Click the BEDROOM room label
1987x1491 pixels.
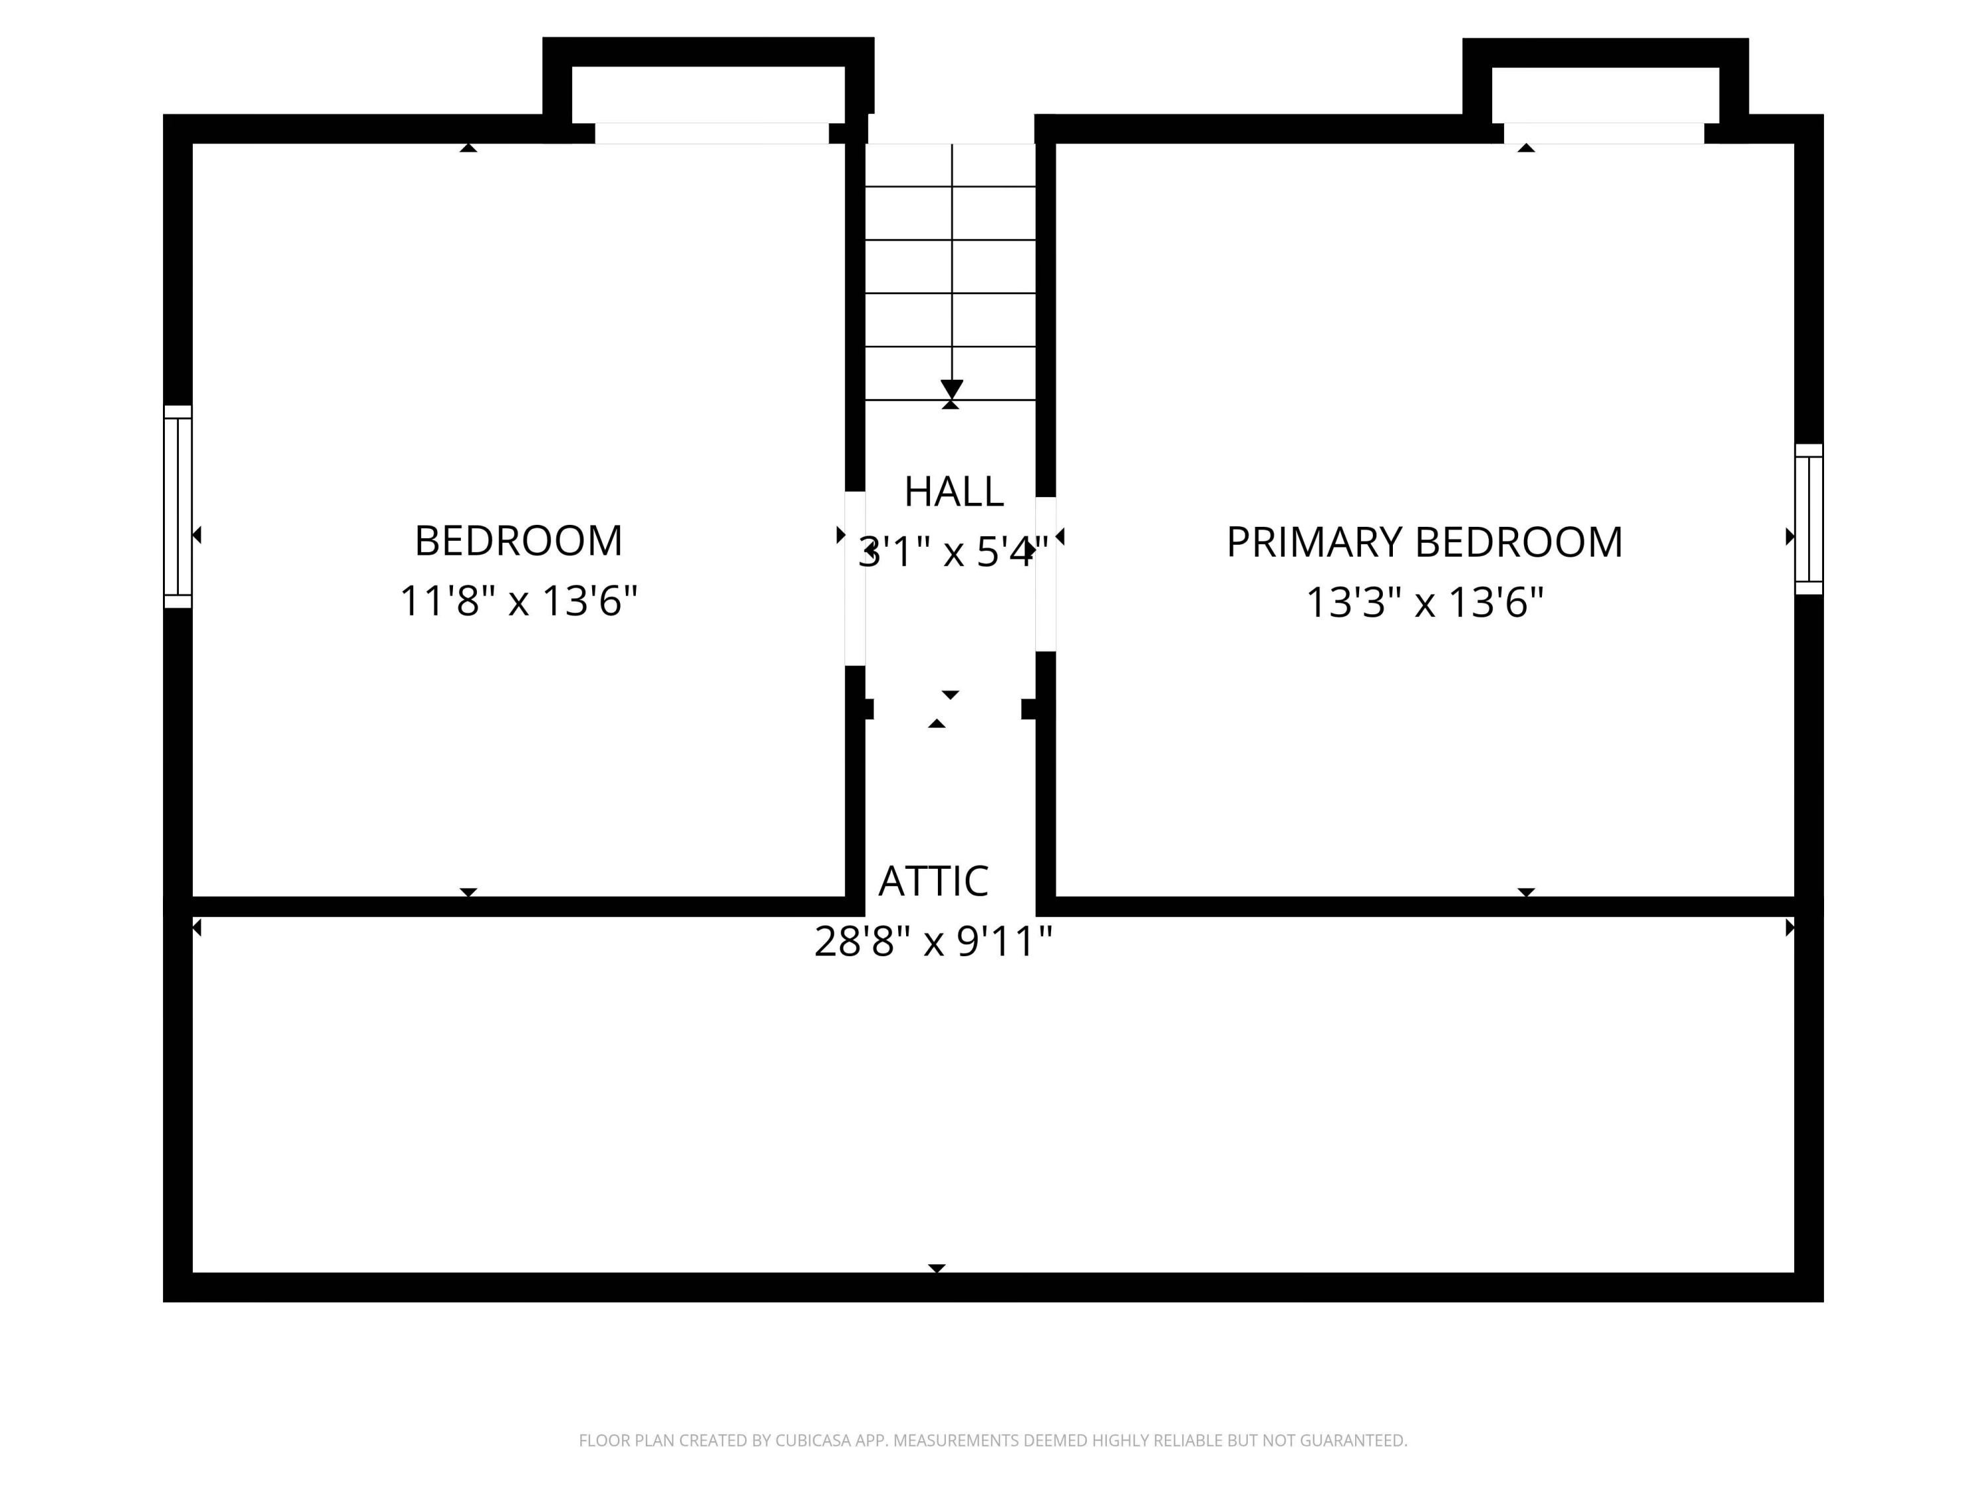[519, 541]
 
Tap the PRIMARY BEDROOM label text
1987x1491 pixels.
[1424, 543]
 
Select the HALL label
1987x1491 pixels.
[953, 492]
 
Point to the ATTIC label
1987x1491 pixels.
[933, 881]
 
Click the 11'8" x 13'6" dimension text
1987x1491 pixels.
[519, 600]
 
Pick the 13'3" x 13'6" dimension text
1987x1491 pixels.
[1424, 602]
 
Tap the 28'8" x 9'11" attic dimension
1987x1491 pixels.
[933, 942]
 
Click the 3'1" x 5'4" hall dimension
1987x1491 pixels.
[953, 552]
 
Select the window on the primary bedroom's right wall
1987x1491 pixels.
[1808, 520]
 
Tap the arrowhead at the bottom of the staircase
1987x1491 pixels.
[951, 389]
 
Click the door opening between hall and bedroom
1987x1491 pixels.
[855, 579]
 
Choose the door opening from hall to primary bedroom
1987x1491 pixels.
[1046, 575]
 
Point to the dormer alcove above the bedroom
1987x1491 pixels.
[709, 94]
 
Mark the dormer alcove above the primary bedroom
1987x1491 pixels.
[1605, 94]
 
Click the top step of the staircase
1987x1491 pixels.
[950, 166]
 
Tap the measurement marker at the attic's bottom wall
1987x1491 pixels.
[936, 1268]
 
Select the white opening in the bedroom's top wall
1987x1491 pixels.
[711, 133]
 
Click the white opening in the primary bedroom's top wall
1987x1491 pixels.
[1604, 133]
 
